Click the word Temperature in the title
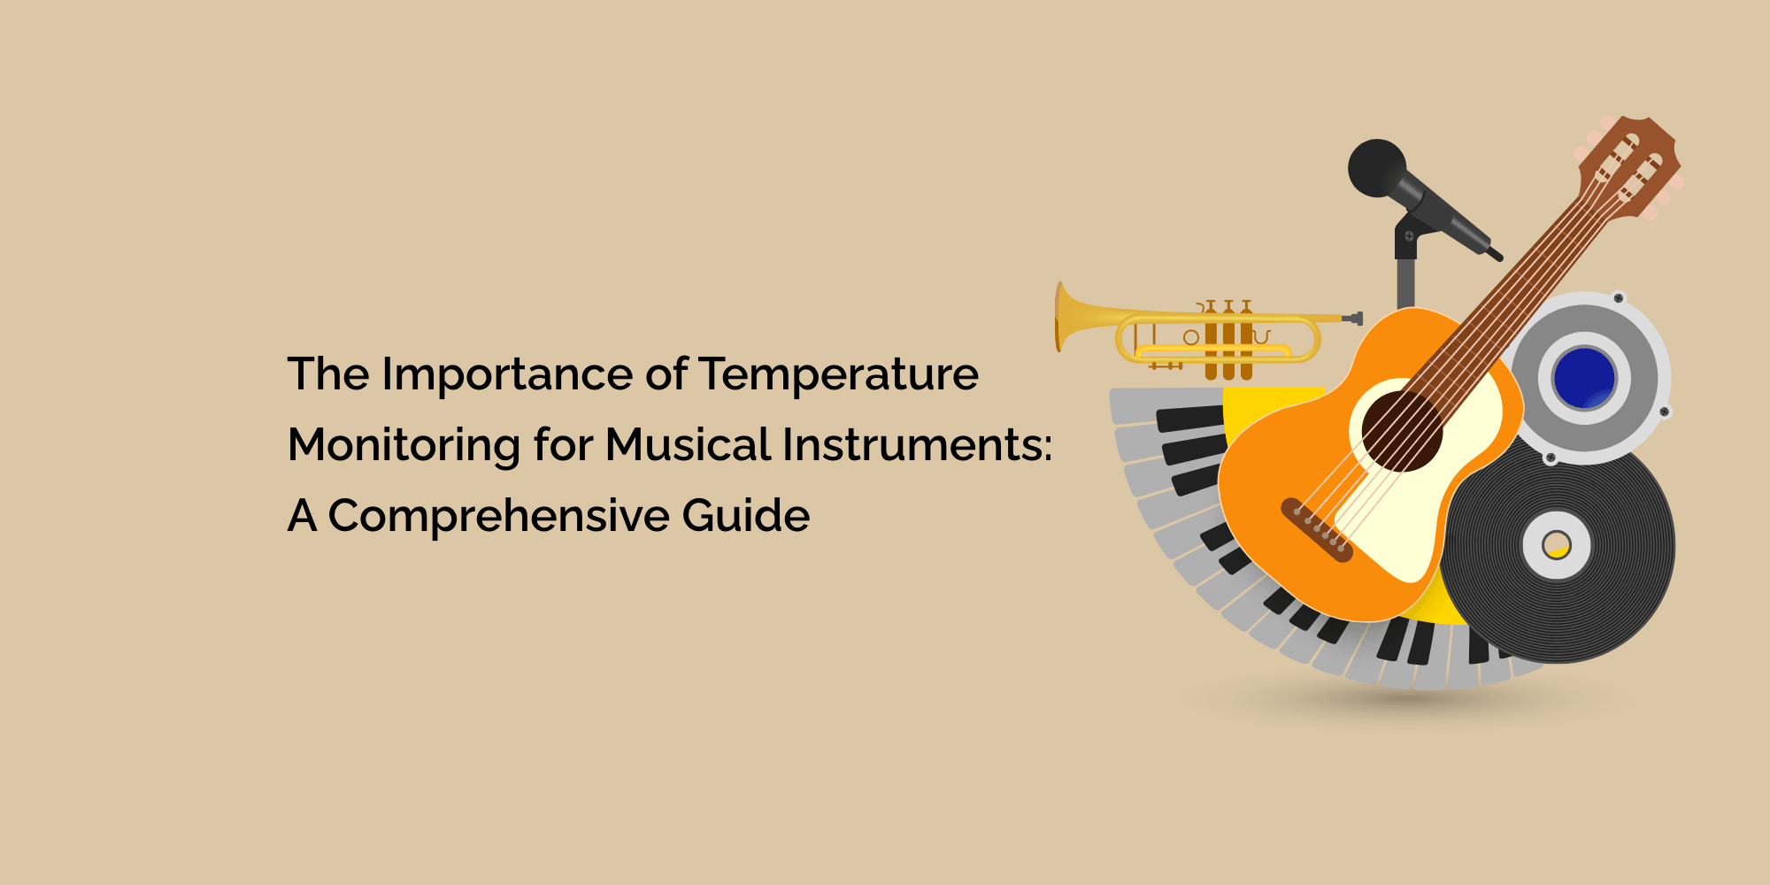pos(839,374)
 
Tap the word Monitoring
pos(404,446)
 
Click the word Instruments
pos(912,445)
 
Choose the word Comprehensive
pos(498,517)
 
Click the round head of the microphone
pos(1376,168)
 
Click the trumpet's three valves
pos(1228,340)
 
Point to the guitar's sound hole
pos(1402,431)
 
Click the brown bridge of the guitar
pos(1318,530)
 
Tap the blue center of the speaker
pos(1584,378)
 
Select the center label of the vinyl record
pos(1557,545)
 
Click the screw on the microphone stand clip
pos(1409,235)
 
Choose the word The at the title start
pos(328,374)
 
